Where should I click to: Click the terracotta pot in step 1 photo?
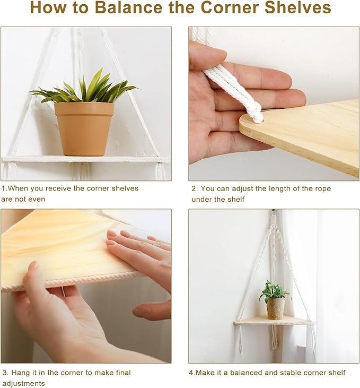[84, 129]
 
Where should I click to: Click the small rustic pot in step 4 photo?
[276, 308]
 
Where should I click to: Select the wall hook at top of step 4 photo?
[274, 213]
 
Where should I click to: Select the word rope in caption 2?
[323, 189]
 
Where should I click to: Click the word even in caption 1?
[37, 199]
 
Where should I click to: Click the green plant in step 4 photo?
[274, 291]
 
